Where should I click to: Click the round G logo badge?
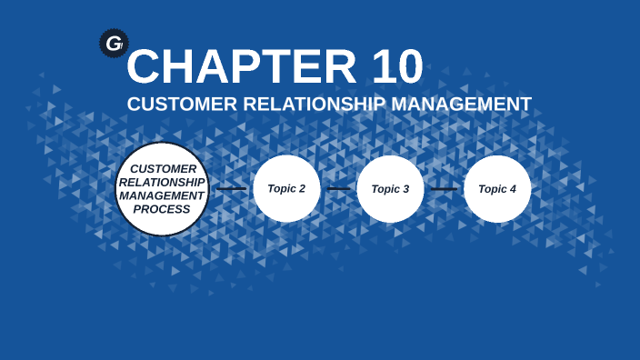click(114, 43)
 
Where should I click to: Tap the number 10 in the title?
click(397, 66)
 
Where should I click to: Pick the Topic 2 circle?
click(286, 189)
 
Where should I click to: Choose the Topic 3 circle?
click(391, 189)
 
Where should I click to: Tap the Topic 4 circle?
click(497, 189)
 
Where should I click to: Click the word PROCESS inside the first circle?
click(162, 209)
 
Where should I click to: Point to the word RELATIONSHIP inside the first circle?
click(163, 182)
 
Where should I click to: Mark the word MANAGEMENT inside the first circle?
click(163, 195)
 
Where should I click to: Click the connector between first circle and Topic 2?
click(231, 189)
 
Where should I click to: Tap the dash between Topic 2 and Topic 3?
click(338, 189)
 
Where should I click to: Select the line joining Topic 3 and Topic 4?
click(444, 189)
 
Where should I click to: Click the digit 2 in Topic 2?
click(302, 189)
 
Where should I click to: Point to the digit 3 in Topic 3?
click(406, 189)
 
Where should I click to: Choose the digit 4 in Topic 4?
click(513, 189)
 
